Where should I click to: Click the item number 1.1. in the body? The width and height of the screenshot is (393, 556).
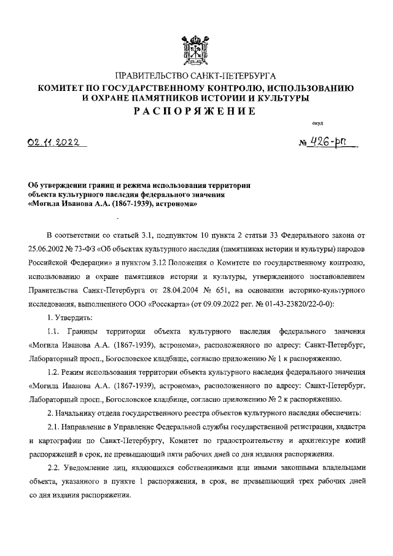[x=56, y=331]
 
